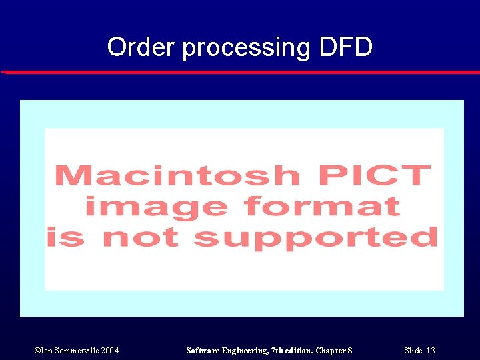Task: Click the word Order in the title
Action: coord(141,47)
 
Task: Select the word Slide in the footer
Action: coord(413,351)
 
